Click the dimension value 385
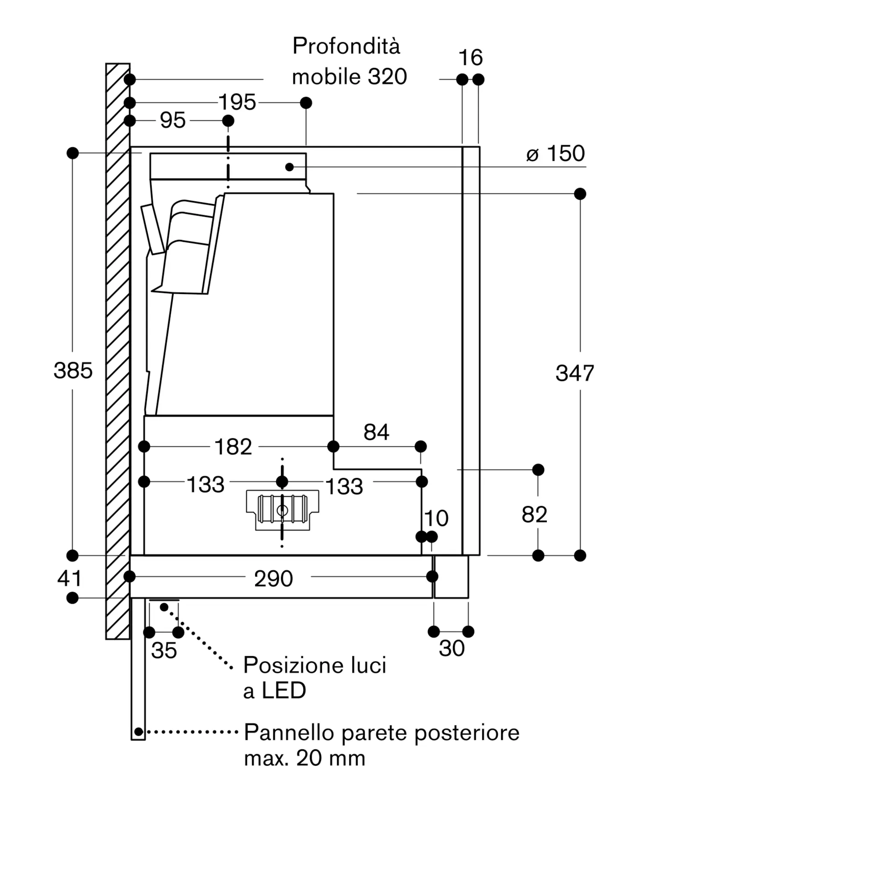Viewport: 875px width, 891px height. point(73,371)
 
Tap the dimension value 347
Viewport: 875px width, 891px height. point(574,373)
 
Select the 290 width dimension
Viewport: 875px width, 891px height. point(273,578)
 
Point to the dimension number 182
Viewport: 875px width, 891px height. point(233,447)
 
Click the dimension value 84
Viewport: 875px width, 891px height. point(376,432)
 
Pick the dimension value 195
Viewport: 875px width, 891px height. point(237,102)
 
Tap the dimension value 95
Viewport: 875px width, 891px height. point(173,120)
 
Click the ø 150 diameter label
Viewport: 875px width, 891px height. point(556,154)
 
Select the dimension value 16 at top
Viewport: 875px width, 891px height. point(471,58)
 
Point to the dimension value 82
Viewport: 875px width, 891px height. point(534,515)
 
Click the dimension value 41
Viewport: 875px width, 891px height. point(69,578)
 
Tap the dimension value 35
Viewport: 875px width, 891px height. point(164,650)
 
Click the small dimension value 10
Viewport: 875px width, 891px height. point(436,519)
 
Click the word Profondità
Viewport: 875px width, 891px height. point(346,46)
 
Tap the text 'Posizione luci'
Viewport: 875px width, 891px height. point(315,665)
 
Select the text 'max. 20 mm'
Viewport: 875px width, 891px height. point(305,758)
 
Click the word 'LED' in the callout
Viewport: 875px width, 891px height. point(284,691)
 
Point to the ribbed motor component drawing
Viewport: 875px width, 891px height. point(283,510)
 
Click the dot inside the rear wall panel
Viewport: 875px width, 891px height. point(138,732)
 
